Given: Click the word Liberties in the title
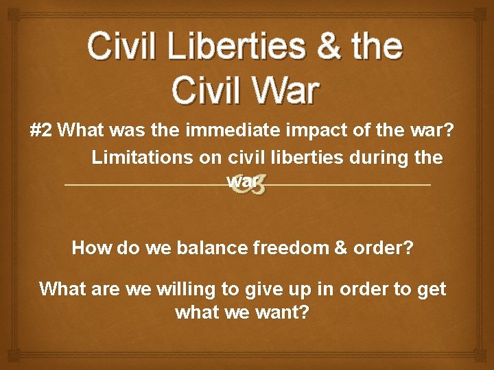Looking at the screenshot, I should tap(228, 46).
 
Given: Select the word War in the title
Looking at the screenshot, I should tap(282, 90).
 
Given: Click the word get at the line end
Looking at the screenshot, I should tap(431, 289).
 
